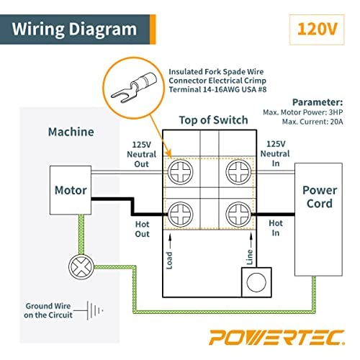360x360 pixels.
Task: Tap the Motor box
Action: click(x=71, y=191)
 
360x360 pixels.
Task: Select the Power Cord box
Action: click(x=319, y=197)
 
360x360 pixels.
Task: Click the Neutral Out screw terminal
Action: click(x=179, y=171)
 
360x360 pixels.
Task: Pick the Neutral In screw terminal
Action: click(x=237, y=171)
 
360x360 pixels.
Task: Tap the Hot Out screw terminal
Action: click(x=179, y=214)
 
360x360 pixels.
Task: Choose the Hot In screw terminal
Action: click(x=237, y=214)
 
